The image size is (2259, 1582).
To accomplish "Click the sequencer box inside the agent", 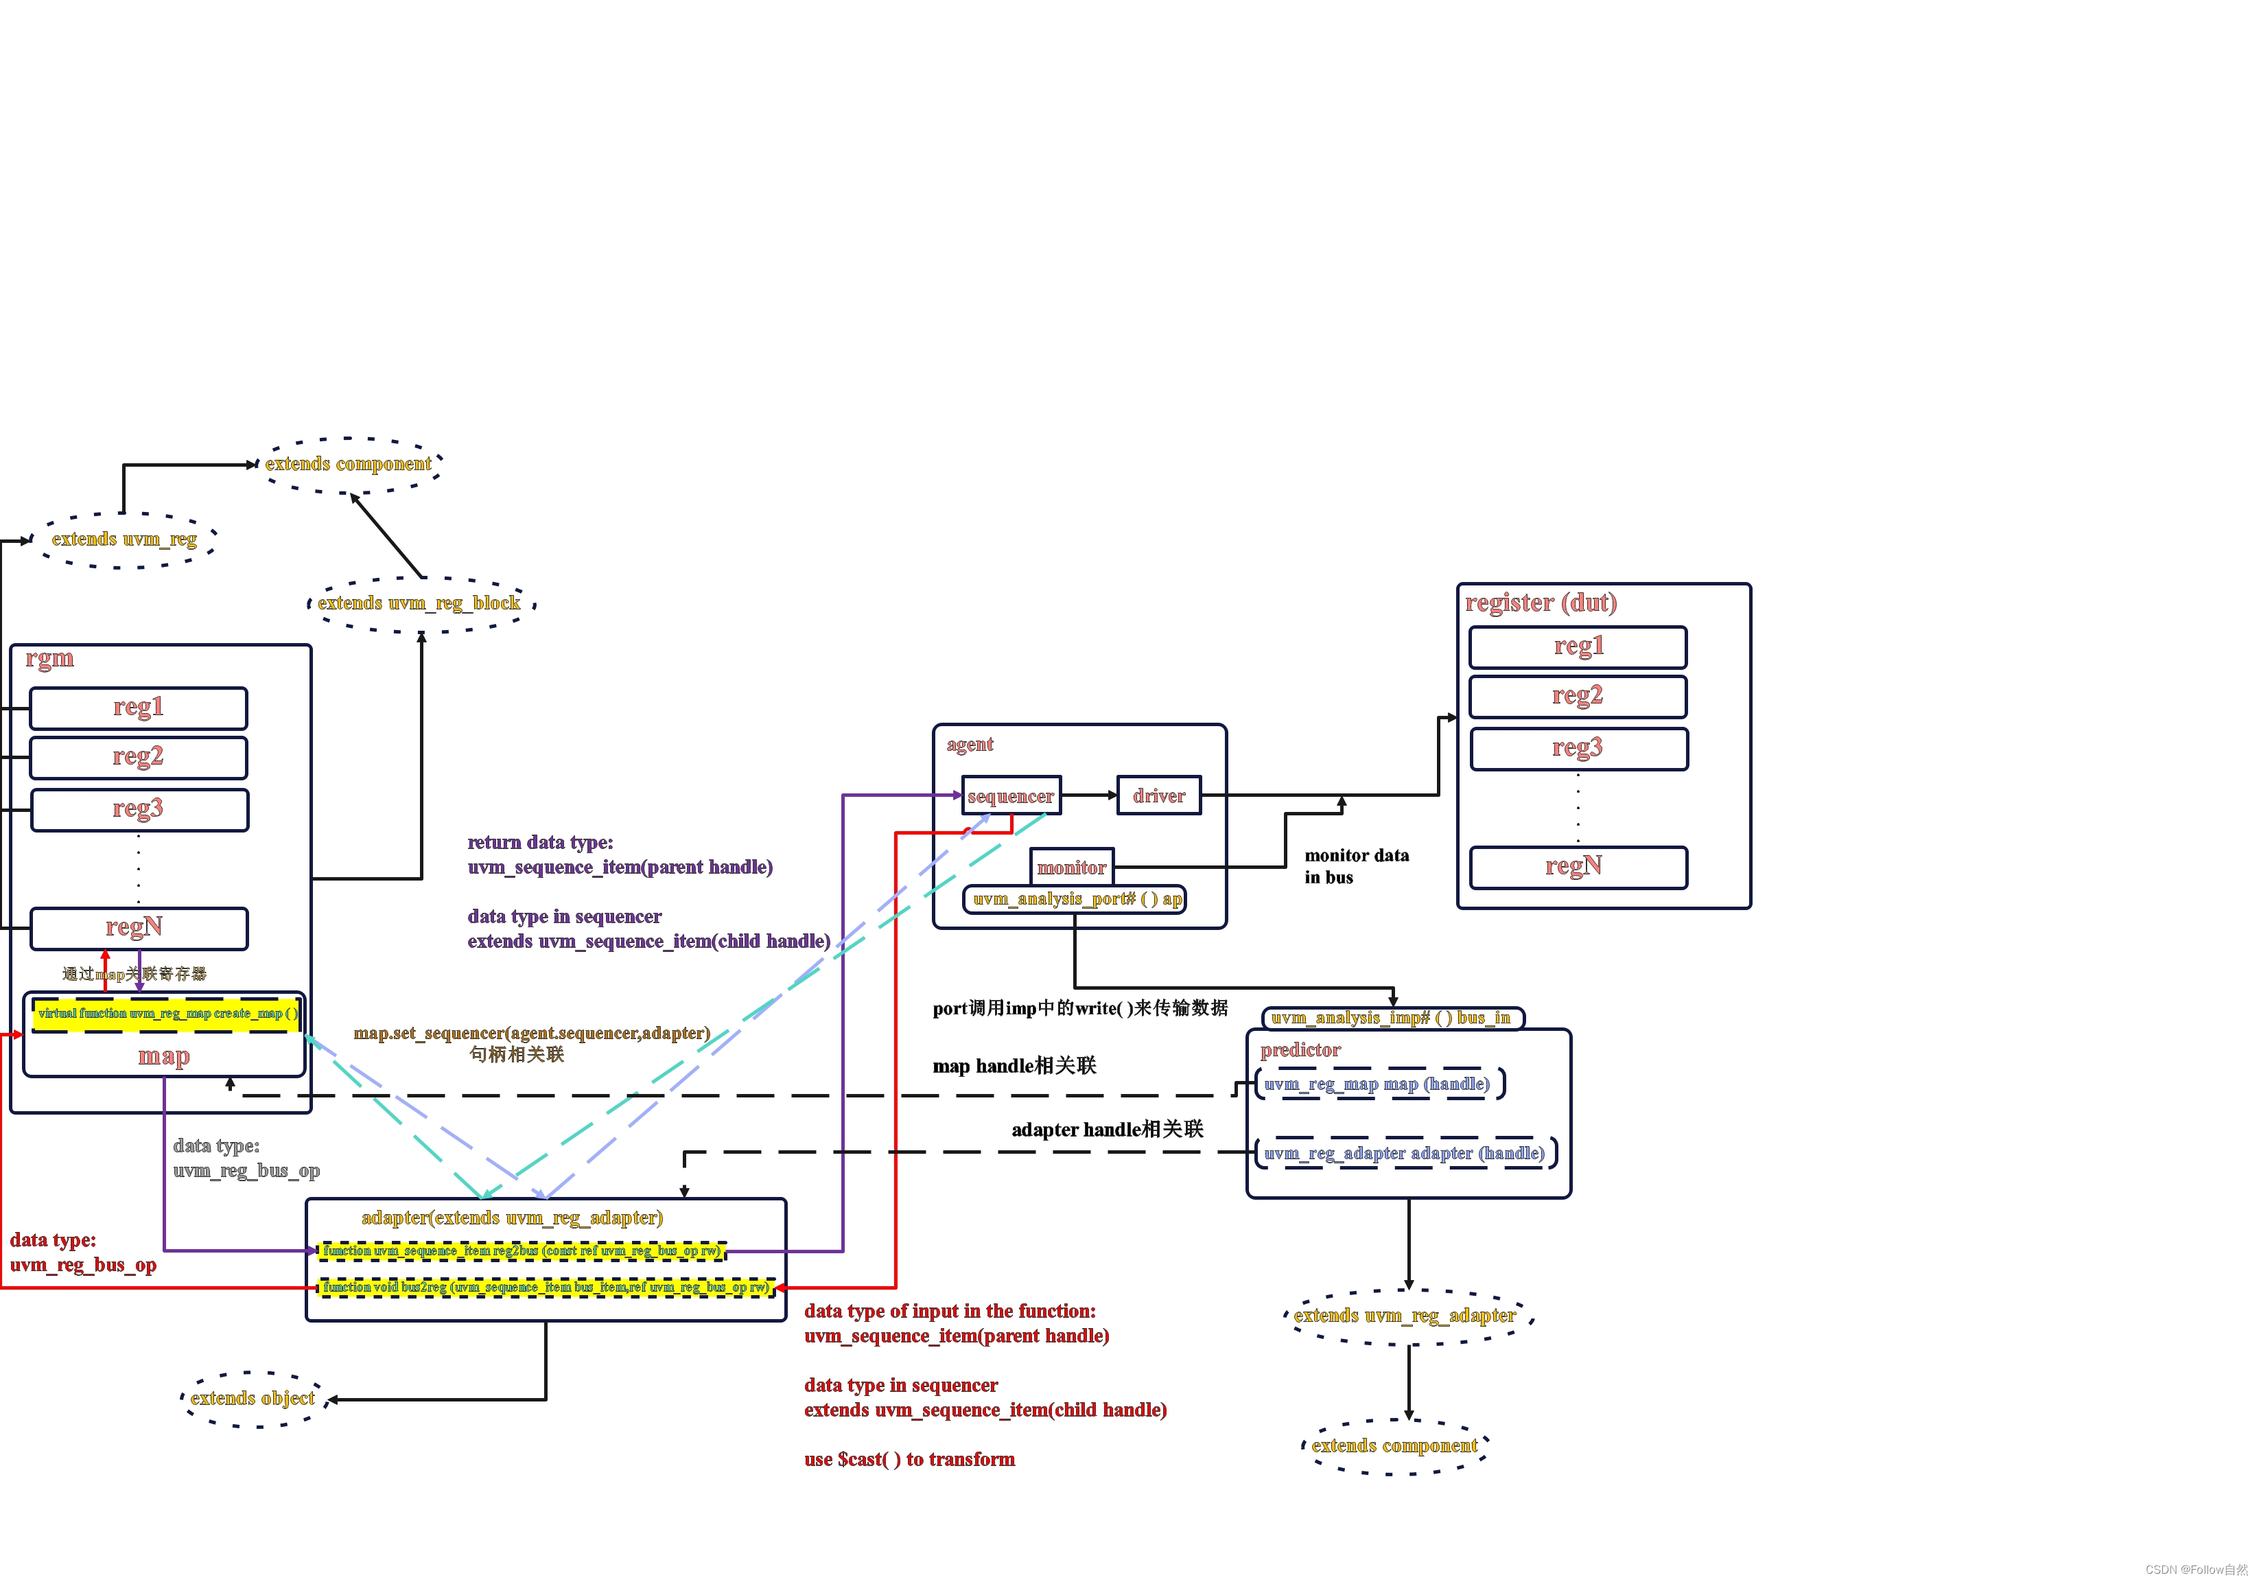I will point(1011,796).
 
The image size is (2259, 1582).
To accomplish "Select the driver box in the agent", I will point(1158,796).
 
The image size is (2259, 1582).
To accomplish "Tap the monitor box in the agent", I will point(1071,868).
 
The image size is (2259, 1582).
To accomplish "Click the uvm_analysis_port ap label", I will point(1075,899).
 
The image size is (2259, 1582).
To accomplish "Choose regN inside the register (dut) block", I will point(1577,867).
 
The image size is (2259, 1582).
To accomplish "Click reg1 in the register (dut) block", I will point(1577,647).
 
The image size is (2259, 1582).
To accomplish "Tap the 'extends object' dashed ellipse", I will point(253,1398).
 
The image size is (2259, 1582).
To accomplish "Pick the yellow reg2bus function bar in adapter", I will point(522,1251).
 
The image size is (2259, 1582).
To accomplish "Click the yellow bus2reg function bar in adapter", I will point(546,1287).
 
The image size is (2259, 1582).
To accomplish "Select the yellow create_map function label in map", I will point(166,1013).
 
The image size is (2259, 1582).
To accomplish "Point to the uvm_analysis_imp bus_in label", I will point(1391,1019).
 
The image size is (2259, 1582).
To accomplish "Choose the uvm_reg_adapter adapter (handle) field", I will point(1404,1153).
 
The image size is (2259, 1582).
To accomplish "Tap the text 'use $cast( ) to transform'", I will point(909,1460).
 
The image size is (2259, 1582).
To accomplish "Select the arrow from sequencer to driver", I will point(1089,795).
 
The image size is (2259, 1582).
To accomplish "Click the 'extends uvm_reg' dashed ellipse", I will point(125,540).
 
